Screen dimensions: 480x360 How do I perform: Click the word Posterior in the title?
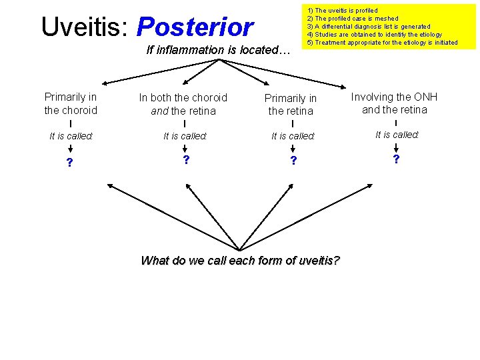(x=195, y=27)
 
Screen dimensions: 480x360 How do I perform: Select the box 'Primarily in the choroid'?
(x=71, y=103)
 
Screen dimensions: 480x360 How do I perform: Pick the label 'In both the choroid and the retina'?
(x=183, y=104)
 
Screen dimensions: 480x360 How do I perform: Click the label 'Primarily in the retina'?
(x=291, y=105)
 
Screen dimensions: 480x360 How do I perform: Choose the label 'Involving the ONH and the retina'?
(x=395, y=103)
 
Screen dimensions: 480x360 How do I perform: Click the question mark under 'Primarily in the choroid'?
(x=70, y=162)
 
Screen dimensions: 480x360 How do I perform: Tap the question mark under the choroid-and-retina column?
(x=186, y=160)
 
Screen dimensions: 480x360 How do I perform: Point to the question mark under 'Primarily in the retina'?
(x=292, y=161)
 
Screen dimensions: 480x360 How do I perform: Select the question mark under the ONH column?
(x=396, y=159)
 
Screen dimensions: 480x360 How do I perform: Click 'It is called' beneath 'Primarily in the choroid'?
(x=71, y=136)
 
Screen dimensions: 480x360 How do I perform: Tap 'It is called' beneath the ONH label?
(x=397, y=135)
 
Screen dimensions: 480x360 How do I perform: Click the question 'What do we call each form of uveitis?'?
(x=240, y=261)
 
